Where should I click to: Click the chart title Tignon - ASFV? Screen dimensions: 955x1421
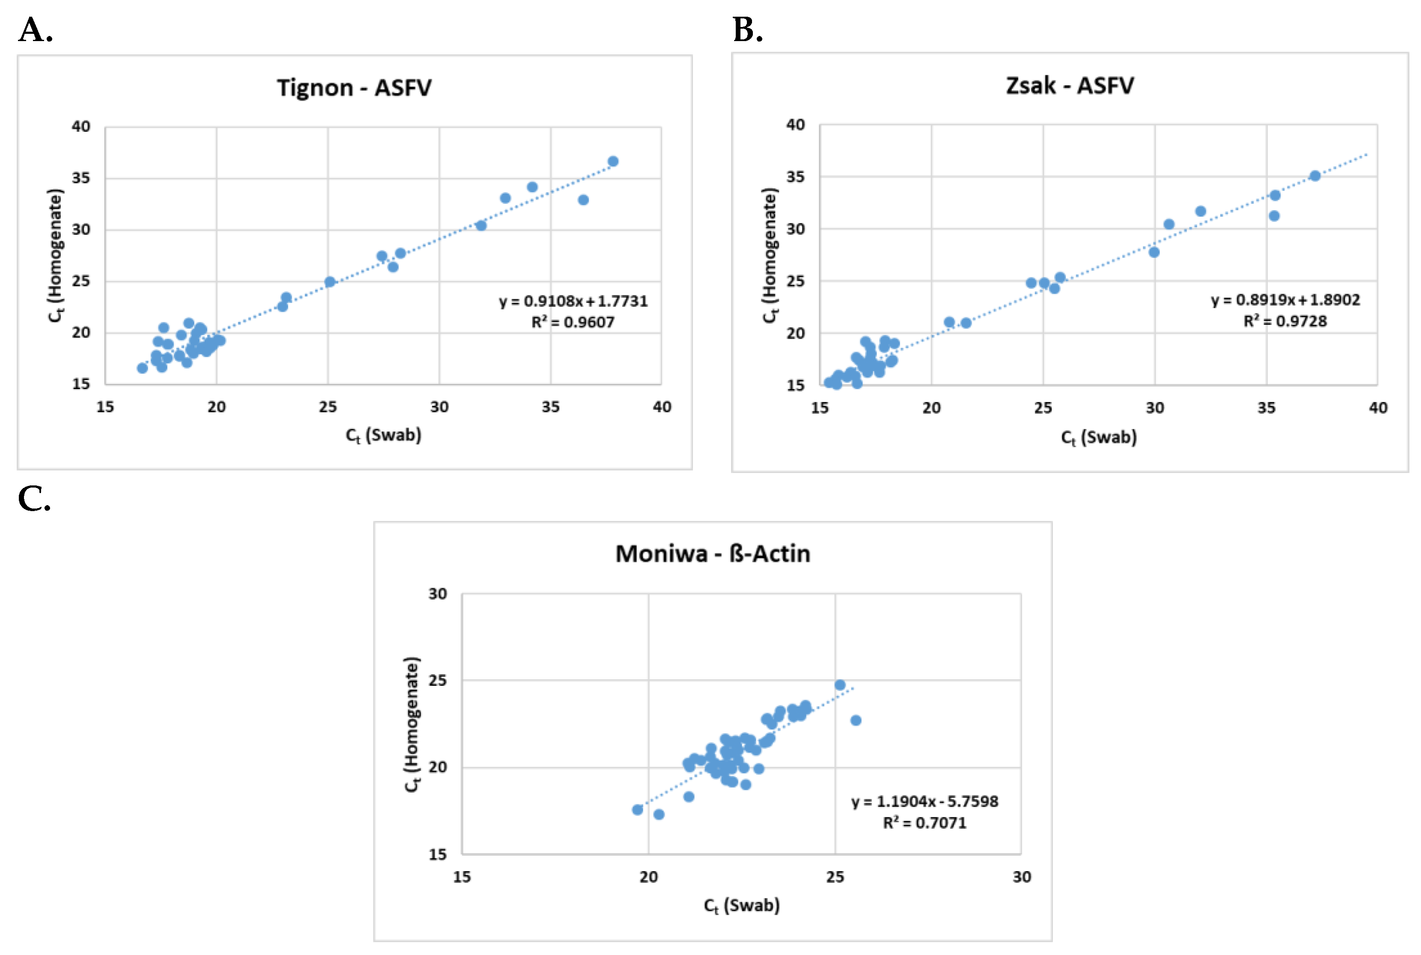pos(354,88)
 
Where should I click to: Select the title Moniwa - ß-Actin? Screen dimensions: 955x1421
pos(712,553)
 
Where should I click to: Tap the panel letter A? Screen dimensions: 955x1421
pos(36,30)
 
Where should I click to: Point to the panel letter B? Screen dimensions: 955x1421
pos(748,30)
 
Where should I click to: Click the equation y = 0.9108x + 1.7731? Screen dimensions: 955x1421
pos(573,301)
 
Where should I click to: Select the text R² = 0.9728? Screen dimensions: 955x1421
pos(1284,321)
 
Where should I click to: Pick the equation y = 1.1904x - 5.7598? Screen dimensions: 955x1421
pos(924,801)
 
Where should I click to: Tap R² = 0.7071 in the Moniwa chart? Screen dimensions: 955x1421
pos(924,823)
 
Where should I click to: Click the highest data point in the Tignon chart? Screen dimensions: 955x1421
pos(613,161)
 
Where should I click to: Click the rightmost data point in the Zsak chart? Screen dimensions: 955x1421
pos(1315,176)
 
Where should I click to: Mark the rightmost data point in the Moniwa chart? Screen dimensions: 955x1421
pos(856,720)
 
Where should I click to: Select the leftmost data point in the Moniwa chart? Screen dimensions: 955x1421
pos(637,809)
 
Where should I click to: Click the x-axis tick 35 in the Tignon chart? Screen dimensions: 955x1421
pos(550,407)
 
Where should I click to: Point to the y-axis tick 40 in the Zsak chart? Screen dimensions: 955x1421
pos(795,125)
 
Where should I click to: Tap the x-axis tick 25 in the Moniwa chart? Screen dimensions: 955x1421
pos(835,877)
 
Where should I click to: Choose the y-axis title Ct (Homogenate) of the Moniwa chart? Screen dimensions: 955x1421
pos(412,724)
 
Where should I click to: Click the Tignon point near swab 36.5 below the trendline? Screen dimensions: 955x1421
pos(583,200)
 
